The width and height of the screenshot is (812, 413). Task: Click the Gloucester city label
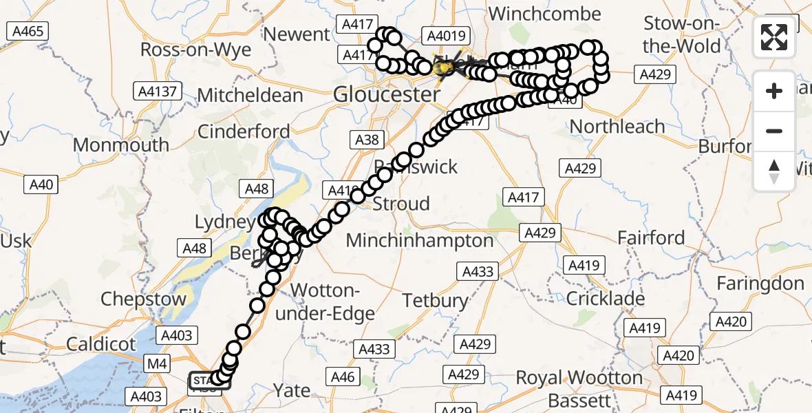tap(386, 94)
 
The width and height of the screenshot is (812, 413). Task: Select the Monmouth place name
tap(120, 145)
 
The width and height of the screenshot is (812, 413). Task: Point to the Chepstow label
tap(143, 299)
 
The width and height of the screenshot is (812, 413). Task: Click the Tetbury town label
tap(436, 300)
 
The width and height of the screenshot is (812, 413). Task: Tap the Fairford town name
tap(650, 238)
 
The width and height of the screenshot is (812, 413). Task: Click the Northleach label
tap(617, 127)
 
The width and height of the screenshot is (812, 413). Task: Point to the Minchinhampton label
tap(420, 240)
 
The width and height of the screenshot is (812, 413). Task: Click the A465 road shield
tap(27, 31)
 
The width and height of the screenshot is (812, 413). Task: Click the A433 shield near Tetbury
tap(478, 271)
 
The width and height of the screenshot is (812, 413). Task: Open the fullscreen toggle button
tap(774, 37)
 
